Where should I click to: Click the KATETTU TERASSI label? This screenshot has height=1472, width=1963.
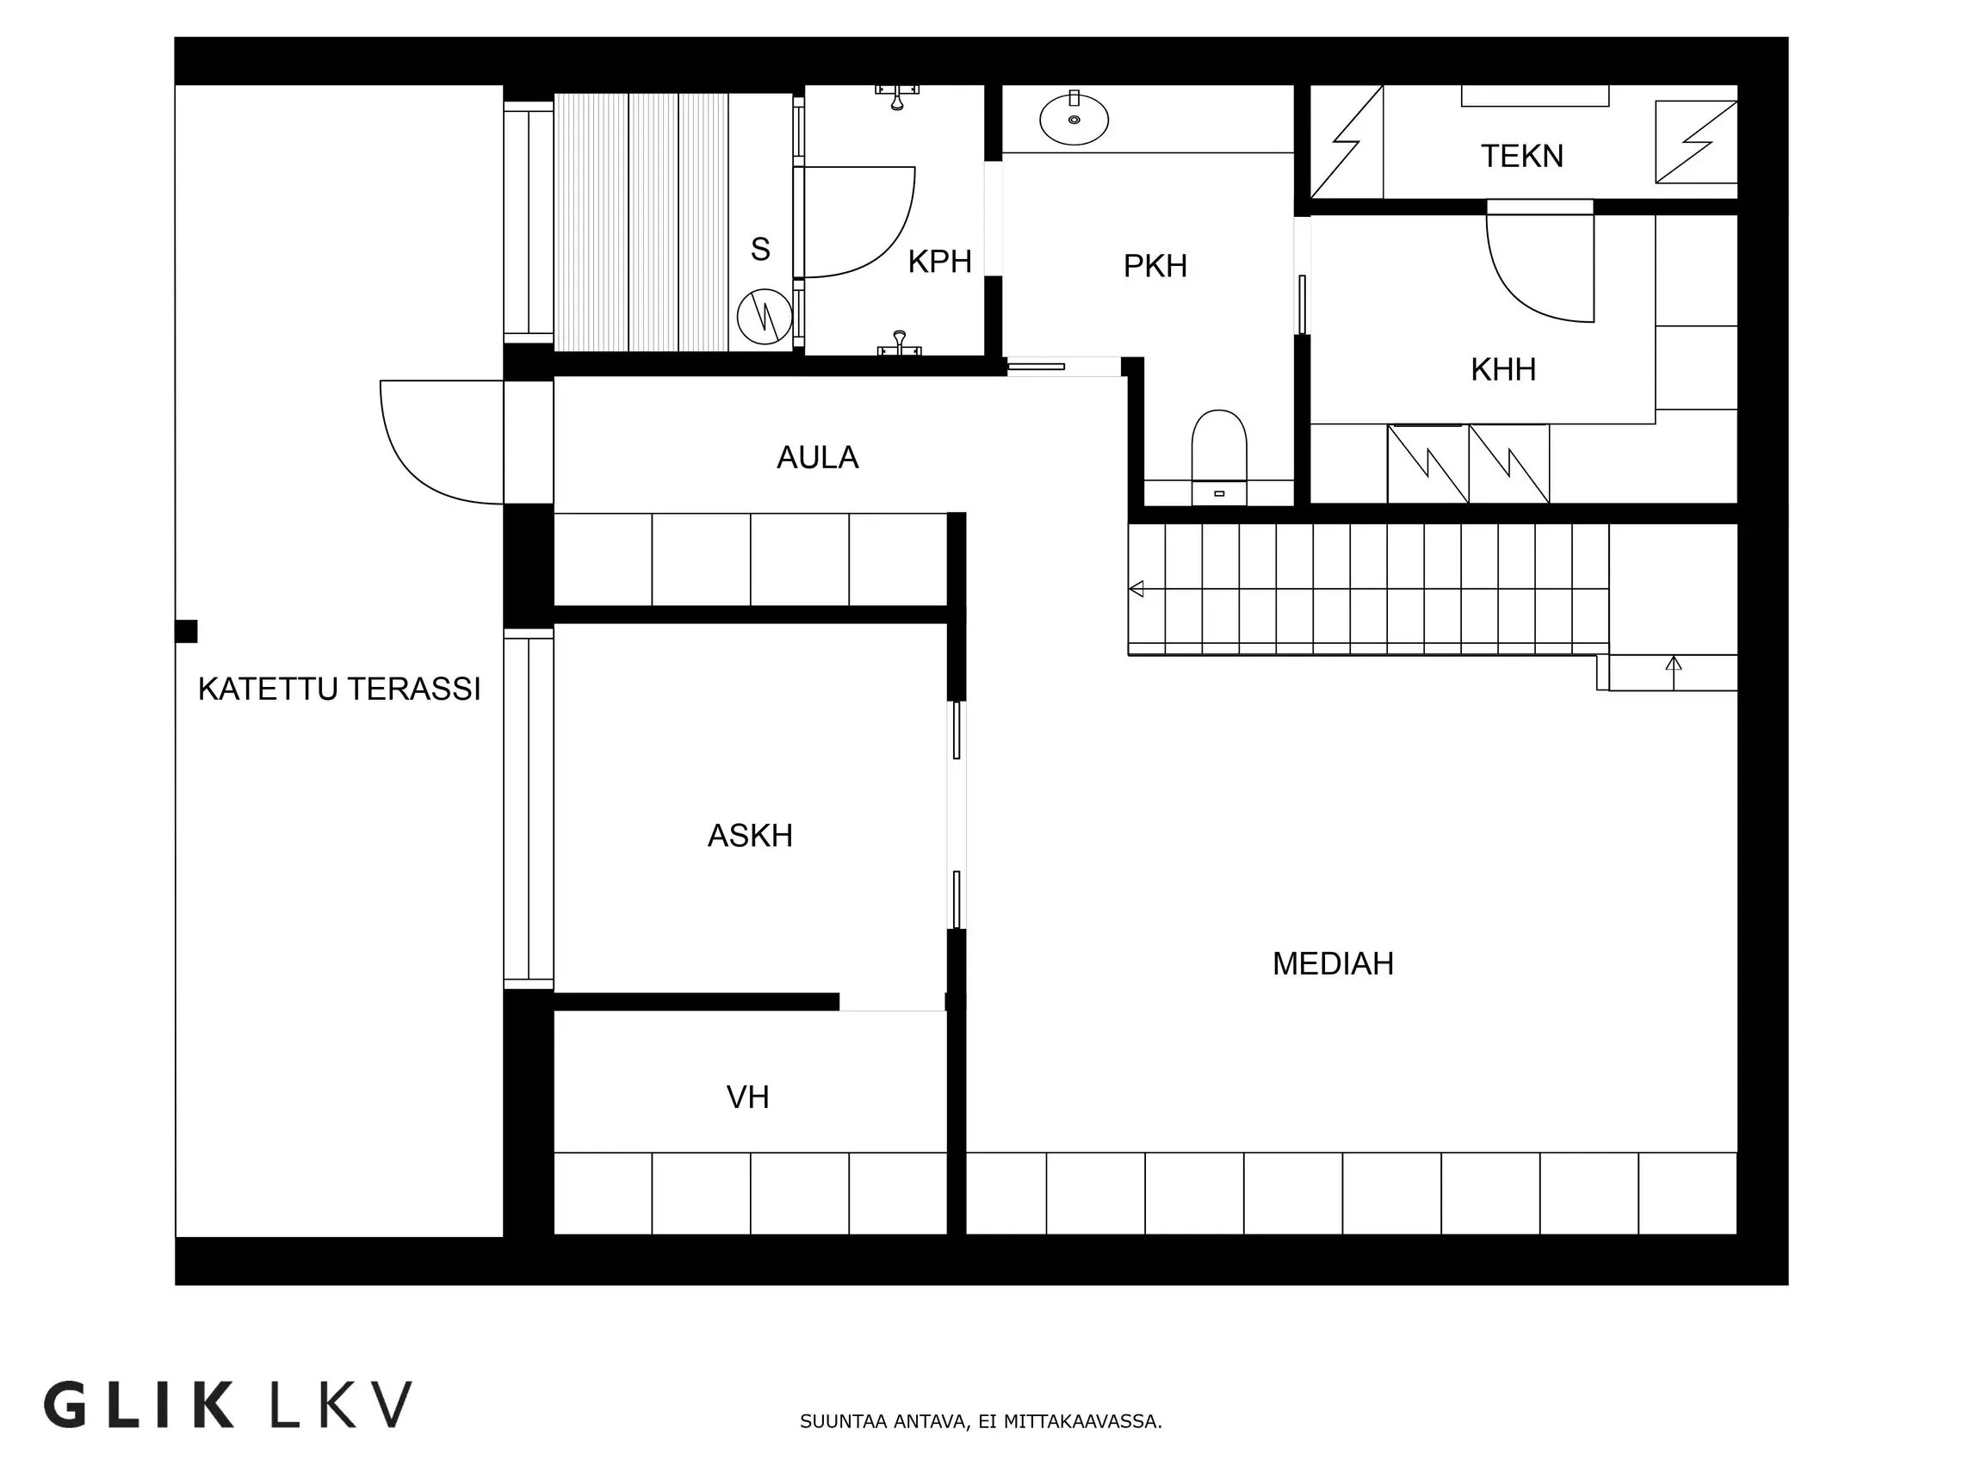339,690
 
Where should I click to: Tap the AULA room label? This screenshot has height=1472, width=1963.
817,458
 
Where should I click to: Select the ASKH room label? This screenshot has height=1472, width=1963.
750,836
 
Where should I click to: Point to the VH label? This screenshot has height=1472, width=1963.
747,1098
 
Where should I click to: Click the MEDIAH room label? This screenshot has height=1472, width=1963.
1333,963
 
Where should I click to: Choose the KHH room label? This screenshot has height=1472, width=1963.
1503,370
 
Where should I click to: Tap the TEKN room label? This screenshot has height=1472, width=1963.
1522,156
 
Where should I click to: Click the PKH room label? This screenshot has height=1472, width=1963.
1155,266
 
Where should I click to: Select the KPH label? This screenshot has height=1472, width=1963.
940,262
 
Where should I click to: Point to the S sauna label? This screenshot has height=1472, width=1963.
759,250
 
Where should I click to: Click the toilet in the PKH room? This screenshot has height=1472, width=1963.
1218,456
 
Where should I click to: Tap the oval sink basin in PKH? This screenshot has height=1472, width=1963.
1074,119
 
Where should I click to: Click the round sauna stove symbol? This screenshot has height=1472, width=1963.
764,316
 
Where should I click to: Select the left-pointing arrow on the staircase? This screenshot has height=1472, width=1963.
1136,588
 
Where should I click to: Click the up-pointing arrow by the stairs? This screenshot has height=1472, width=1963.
1674,671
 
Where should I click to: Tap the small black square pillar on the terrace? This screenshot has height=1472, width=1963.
186,631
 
